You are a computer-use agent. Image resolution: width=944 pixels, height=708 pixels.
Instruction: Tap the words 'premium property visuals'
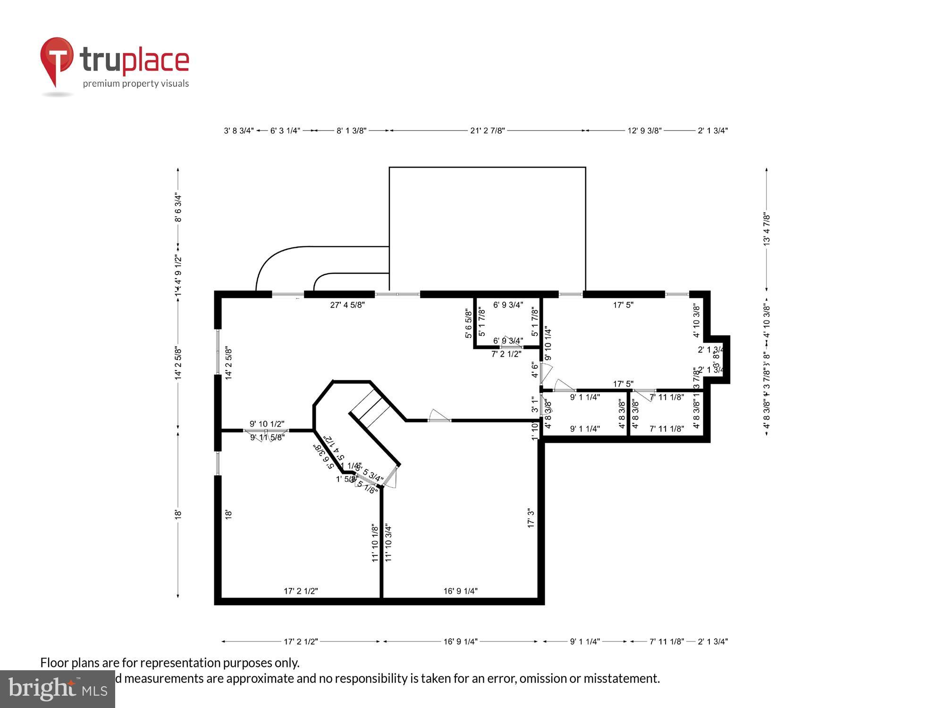click(136, 84)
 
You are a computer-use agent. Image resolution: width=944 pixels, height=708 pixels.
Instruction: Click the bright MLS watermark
click(58, 690)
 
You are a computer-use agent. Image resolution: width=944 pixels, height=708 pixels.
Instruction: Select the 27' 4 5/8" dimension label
click(347, 305)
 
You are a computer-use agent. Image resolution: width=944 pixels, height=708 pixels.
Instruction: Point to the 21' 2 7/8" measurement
click(488, 131)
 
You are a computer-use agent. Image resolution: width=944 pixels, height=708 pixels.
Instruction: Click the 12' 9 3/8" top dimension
click(644, 131)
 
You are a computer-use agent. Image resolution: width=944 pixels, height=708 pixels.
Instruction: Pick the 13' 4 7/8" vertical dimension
click(767, 229)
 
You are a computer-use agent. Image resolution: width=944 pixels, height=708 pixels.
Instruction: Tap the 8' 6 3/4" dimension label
click(178, 208)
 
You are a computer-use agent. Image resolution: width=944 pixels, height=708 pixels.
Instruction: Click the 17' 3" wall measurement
click(531, 518)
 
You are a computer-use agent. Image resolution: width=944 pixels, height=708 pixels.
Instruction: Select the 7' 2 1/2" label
click(506, 354)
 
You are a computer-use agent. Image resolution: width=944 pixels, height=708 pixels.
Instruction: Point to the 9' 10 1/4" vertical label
click(548, 344)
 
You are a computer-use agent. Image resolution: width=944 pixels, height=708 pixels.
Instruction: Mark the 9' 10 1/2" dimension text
click(267, 424)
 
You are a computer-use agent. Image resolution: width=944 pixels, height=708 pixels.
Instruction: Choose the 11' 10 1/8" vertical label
click(375, 543)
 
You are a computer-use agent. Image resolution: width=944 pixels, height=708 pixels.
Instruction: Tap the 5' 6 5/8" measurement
click(468, 324)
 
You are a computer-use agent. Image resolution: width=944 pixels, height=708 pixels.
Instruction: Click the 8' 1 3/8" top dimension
click(351, 131)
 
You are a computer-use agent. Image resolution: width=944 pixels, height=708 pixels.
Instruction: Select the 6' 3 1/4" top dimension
click(285, 131)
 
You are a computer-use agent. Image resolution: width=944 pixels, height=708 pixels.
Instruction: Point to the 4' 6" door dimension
click(534, 370)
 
